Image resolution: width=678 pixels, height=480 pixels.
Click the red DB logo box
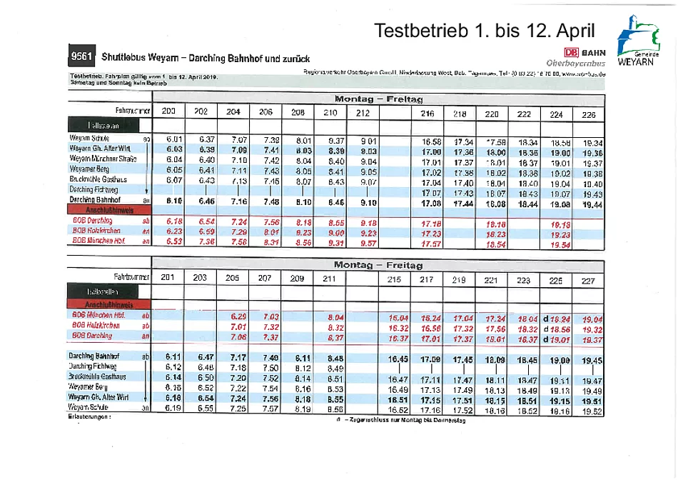[x=571, y=52]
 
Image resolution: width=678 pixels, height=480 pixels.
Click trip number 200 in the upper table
[x=169, y=111]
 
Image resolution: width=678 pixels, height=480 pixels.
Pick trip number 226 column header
[x=588, y=114]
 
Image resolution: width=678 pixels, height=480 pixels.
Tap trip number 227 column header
[x=588, y=281]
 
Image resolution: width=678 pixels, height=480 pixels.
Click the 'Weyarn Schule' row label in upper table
[x=89, y=138]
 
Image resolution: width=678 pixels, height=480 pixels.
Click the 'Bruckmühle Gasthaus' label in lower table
[x=98, y=376]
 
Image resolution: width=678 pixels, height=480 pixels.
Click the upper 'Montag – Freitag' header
[x=378, y=99]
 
